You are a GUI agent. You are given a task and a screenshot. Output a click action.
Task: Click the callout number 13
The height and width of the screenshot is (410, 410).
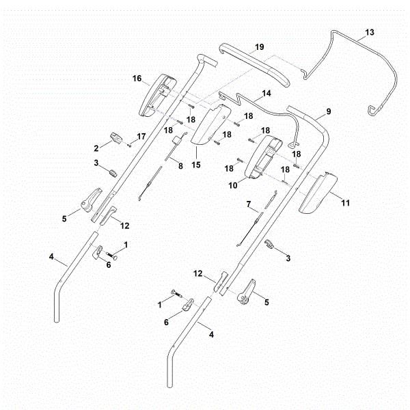[x=370, y=33]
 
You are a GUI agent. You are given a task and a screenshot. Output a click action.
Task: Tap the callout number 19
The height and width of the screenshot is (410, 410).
[x=259, y=46]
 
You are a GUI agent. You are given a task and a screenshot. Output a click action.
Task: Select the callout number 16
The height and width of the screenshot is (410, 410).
[x=137, y=79]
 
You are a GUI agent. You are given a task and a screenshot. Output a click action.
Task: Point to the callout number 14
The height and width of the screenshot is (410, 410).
[x=266, y=92]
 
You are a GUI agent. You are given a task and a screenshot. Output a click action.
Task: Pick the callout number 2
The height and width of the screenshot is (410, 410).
[x=96, y=147]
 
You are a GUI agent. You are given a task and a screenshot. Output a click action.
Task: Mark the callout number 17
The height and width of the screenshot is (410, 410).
[x=141, y=137]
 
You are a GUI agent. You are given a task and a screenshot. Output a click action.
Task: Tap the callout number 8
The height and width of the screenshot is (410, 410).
[x=181, y=165]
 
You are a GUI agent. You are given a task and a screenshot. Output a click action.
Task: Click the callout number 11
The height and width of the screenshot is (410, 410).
[x=345, y=204]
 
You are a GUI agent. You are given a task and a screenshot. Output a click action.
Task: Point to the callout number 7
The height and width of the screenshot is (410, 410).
[x=249, y=204]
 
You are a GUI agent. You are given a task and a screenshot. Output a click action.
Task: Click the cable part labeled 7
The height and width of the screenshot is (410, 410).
[x=251, y=222]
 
